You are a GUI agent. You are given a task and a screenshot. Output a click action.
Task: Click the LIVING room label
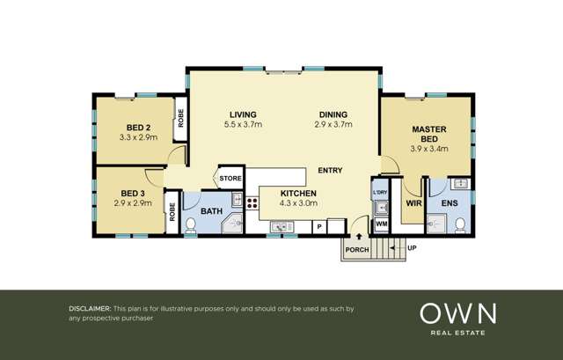coord(243,114)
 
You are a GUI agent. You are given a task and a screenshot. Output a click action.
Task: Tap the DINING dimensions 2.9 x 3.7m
coord(333,125)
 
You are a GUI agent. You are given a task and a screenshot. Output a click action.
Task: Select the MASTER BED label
coord(429,134)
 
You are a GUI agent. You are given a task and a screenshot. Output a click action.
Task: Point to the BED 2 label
coord(138,128)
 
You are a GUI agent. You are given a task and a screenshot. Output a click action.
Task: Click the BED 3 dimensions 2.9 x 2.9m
coord(133,203)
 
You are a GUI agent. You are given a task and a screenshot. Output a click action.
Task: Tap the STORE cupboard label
coord(230,179)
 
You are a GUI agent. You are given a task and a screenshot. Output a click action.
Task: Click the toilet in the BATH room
coord(190,224)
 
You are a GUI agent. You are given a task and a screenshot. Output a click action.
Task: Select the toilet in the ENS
coord(460,224)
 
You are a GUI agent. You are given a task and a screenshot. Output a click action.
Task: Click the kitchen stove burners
coord(252,203)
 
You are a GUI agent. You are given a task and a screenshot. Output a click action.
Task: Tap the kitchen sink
coord(281,227)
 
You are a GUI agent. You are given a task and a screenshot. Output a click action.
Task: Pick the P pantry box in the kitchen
coord(319,227)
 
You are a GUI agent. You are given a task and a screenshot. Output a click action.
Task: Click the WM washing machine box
coord(381,224)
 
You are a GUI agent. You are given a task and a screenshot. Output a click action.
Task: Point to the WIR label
coord(413,203)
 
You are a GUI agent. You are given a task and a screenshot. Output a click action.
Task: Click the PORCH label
coord(357,250)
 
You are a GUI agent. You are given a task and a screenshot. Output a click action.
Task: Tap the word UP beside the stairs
coord(413,248)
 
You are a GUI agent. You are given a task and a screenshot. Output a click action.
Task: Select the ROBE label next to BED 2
coord(180,118)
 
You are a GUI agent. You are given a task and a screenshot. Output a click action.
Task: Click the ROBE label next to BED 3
coord(172,211)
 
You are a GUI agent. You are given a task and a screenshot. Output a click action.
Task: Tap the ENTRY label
coord(330,170)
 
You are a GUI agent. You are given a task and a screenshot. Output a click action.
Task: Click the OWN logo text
coord(458,313)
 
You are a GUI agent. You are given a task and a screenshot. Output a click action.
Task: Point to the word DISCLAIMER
coord(90,309)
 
